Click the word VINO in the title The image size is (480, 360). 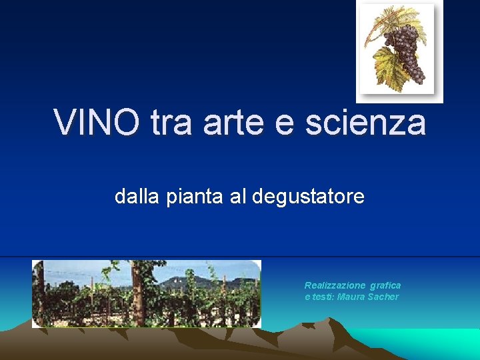tap(97, 123)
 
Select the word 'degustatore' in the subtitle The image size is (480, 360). tap(309, 197)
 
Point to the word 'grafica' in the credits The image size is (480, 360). tap(385, 285)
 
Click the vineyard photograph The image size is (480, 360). tap(147, 293)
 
